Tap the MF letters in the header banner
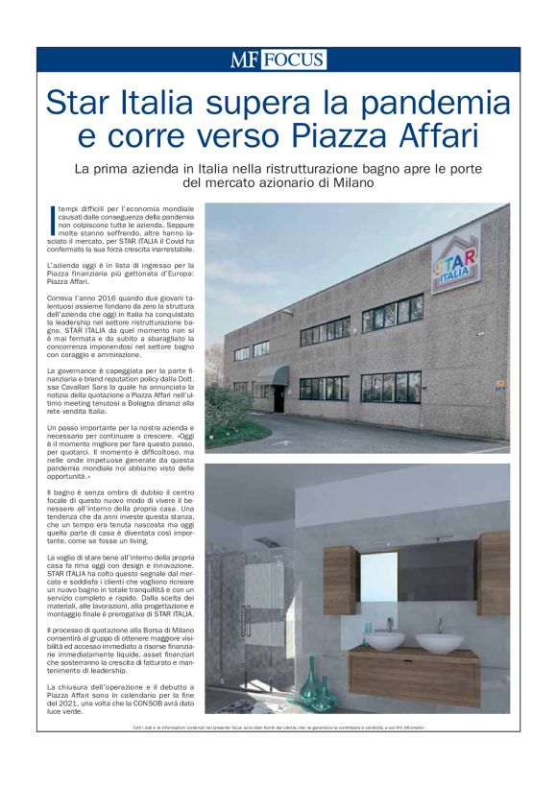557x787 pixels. point(244,60)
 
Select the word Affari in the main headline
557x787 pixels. point(432,135)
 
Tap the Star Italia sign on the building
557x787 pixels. point(455,257)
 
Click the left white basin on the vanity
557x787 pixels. point(385,640)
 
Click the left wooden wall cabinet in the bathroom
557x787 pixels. point(341,580)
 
